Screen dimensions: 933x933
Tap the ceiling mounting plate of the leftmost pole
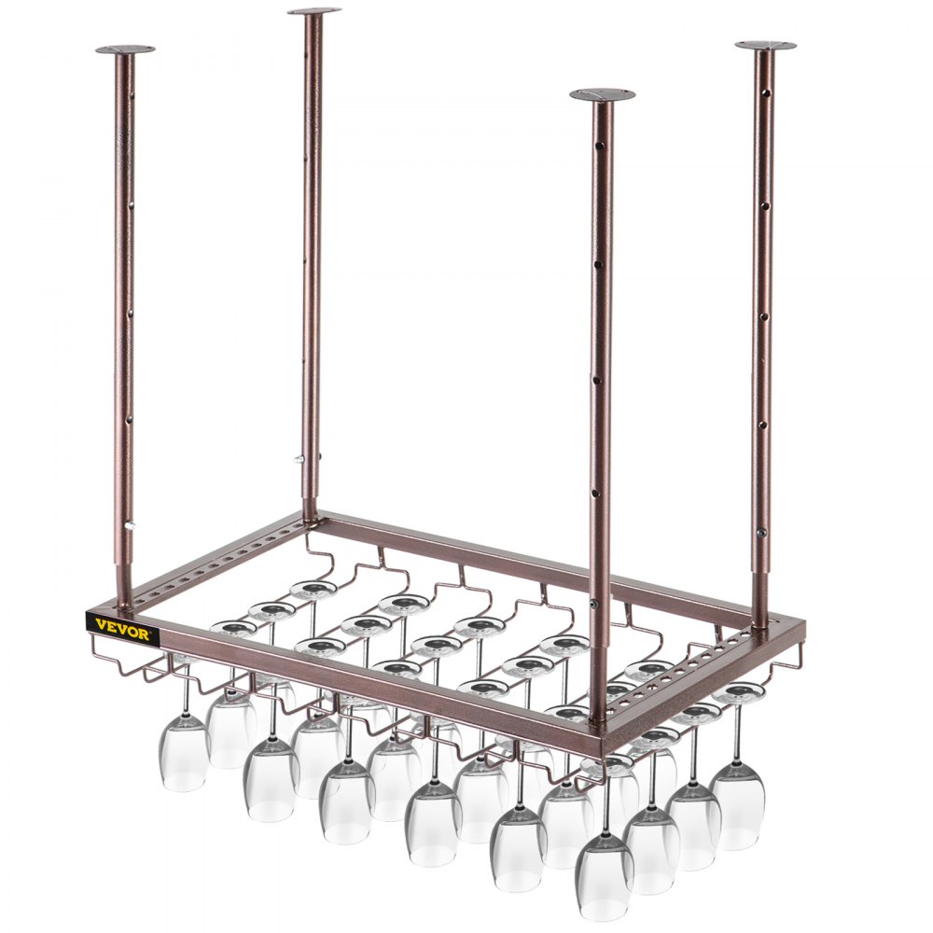(125, 49)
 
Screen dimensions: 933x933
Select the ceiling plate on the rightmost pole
(765, 45)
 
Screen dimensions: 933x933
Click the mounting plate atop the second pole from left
(313, 11)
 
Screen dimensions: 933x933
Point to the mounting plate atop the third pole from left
(602, 94)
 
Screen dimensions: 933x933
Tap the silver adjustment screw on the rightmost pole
(762, 533)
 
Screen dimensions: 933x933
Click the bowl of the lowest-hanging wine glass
(604, 874)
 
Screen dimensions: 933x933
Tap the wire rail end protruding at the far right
(798, 664)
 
